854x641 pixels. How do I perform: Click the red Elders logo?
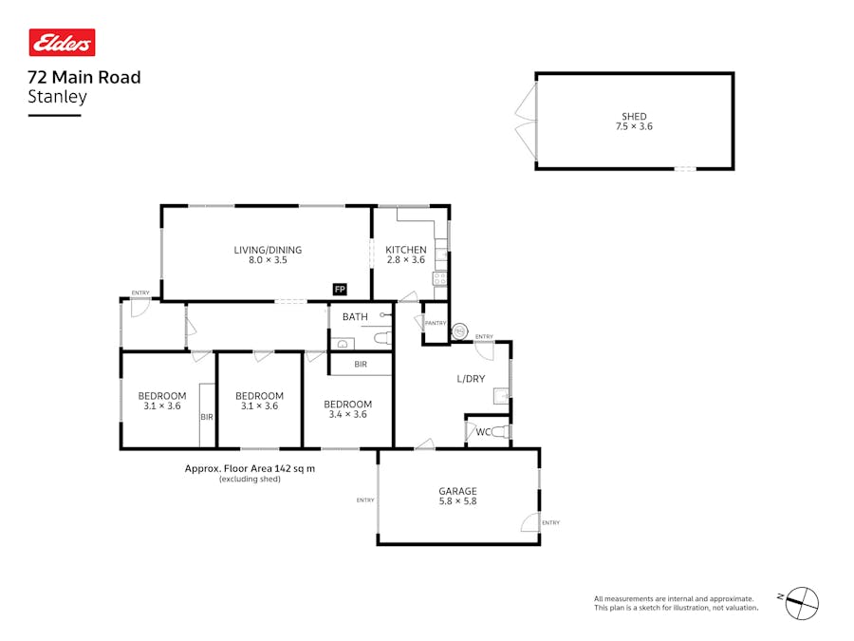pos(62,43)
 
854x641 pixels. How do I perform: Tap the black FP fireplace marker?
pos(340,290)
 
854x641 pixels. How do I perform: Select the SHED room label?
pos(634,116)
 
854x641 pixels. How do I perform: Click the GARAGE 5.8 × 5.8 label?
pos(457,496)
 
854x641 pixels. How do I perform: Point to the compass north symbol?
pos(801,603)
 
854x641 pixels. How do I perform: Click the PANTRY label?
pos(436,323)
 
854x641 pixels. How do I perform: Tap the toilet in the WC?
pos(500,432)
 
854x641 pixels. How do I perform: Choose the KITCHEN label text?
pos(406,250)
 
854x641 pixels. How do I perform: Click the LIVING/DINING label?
pos(268,250)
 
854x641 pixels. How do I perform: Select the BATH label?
pos(355,316)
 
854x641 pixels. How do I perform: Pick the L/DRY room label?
pos(471,379)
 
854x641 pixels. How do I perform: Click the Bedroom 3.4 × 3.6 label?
pos(347,409)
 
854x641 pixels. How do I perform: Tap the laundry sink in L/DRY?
pos(501,396)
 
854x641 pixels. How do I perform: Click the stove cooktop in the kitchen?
pos(440,279)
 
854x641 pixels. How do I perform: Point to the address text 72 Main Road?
pos(84,78)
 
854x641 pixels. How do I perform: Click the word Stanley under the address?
pos(57,97)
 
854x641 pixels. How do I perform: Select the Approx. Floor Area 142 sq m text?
pos(250,468)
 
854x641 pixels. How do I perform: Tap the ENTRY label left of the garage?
pos(365,500)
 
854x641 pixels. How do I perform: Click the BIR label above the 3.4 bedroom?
pos(361,364)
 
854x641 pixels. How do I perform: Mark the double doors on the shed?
pos(527,122)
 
